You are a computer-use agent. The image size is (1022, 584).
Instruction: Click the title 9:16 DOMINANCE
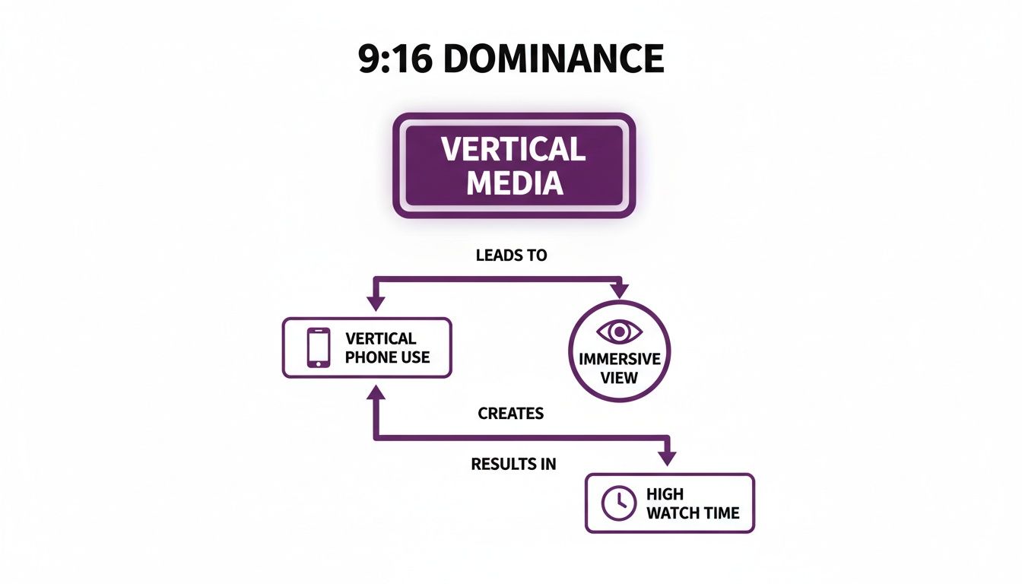pos(511,59)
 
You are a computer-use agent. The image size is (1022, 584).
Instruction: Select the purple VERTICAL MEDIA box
pos(514,166)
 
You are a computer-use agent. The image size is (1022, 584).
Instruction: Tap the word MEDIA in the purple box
pos(515,183)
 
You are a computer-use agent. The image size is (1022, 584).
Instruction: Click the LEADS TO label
pos(511,255)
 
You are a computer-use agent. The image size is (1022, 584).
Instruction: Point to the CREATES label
pos(511,414)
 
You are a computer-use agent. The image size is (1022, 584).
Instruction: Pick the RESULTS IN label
pos(513,463)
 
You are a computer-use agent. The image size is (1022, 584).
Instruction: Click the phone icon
pos(319,348)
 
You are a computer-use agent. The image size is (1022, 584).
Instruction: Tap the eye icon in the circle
pos(620,332)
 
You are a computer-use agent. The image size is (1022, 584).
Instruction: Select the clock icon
pos(618,503)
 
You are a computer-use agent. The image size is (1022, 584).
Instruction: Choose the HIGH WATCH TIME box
pos(669,503)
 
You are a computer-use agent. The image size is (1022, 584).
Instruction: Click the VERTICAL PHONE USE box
pos(367,348)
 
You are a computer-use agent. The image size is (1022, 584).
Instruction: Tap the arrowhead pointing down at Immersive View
pos(620,290)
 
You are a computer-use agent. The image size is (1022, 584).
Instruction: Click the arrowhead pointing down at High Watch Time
pos(667,458)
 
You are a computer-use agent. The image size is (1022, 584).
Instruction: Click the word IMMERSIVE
pos(620,359)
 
